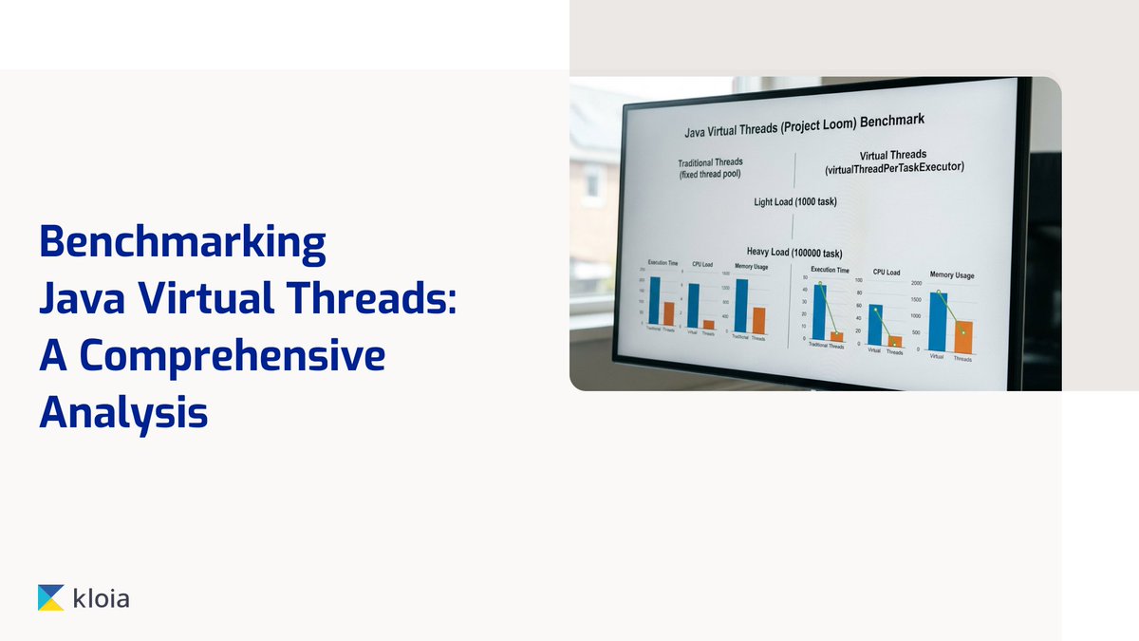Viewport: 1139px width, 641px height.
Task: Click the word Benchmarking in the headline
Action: tap(181, 245)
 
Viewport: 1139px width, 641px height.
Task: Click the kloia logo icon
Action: tap(51, 597)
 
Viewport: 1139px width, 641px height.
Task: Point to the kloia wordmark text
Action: tap(102, 597)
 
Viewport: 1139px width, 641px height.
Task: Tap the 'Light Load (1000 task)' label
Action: tap(794, 201)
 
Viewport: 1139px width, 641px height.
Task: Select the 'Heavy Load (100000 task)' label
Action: tap(794, 253)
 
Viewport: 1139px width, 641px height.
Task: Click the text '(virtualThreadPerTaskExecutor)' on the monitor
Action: tap(893, 167)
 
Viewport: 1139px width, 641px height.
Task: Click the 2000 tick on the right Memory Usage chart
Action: tap(916, 284)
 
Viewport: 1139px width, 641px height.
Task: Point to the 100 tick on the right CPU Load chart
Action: tap(859, 281)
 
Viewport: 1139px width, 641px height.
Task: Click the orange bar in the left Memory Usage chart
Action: tap(758, 320)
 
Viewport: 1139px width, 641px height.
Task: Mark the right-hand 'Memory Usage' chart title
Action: tap(951, 275)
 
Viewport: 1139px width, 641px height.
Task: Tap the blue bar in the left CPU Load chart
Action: tap(694, 305)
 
